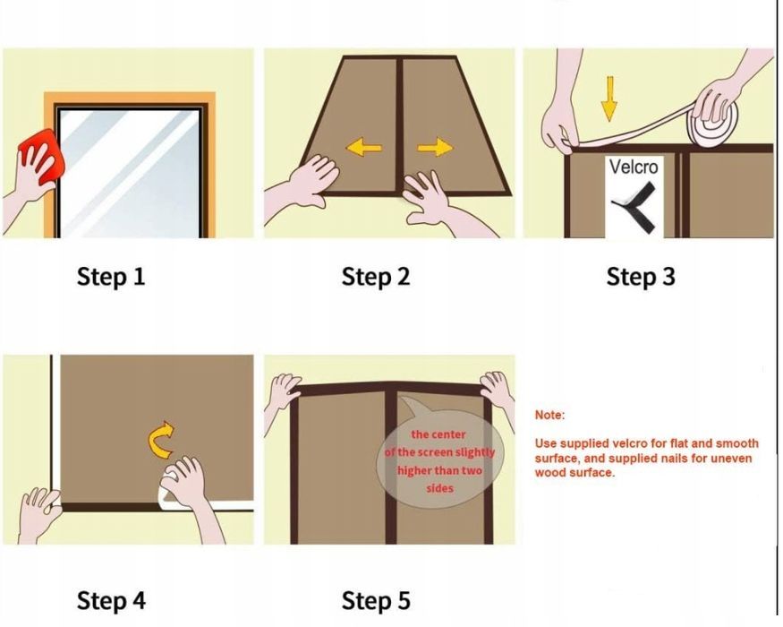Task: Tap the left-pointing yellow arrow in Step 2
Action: click(x=364, y=148)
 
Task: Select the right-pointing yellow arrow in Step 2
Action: click(x=435, y=148)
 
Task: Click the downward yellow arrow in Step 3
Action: click(x=609, y=99)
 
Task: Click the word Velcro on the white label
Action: click(x=634, y=167)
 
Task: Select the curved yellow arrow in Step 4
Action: click(x=161, y=440)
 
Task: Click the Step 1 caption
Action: click(x=111, y=277)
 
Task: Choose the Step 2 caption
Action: click(x=376, y=277)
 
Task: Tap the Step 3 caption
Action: click(x=641, y=277)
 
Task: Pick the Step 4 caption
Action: click(x=111, y=600)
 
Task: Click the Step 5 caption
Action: click(x=376, y=600)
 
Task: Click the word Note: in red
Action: click(x=549, y=415)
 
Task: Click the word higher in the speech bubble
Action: click(x=414, y=470)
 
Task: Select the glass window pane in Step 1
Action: click(x=130, y=173)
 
